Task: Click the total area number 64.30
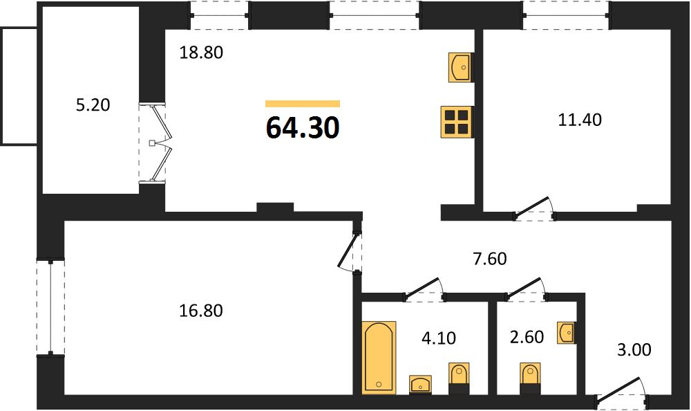[x=303, y=127]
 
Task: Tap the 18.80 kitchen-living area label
[x=201, y=53]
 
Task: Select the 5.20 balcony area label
[x=93, y=105]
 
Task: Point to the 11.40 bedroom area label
[x=580, y=120]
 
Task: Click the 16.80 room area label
[x=201, y=311]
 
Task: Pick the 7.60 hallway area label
[x=490, y=259]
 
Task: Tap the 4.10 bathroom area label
[x=439, y=338]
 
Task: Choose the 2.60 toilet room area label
[x=527, y=337]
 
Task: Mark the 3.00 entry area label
[x=634, y=349]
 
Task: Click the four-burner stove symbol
[x=456, y=122]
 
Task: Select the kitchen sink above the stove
[x=460, y=68]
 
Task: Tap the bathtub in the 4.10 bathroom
[x=379, y=357]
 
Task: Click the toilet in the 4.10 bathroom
[x=459, y=378]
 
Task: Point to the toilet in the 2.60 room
[x=530, y=378]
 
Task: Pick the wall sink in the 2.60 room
[x=567, y=333]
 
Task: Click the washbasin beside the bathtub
[x=420, y=384]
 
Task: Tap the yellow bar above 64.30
[x=303, y=104]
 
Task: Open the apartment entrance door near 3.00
[x=622, y=392]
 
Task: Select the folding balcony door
[x=159, y=143]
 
